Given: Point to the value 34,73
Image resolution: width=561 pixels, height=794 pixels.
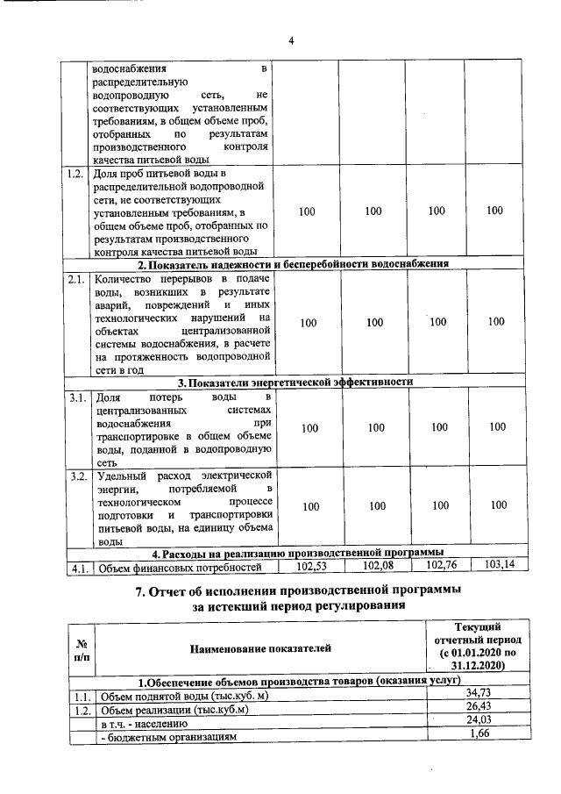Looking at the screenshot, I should click(478, 694).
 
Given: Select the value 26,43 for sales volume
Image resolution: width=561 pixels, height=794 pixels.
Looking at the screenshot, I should click(478, 708).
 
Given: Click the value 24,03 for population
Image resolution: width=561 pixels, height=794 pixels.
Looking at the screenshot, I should click(478, 723).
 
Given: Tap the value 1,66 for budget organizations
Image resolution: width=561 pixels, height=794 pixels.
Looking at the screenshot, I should click(478, 736).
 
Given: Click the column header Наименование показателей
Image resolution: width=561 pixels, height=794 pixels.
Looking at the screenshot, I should click(261, 648).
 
